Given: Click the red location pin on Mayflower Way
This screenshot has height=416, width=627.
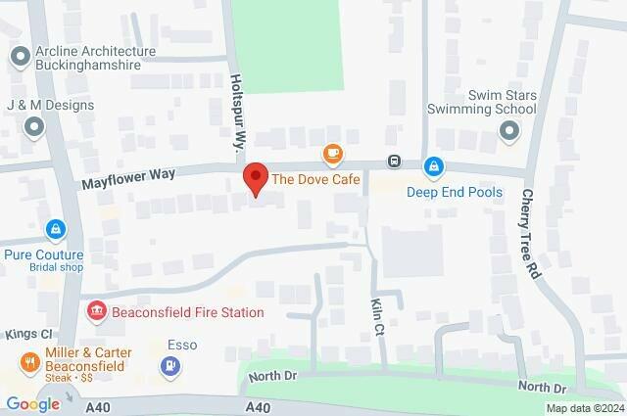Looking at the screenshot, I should coord(256,178).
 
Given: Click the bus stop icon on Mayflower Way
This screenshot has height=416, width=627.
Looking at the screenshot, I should coord(394,162).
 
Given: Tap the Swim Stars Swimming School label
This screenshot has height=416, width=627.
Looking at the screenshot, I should coord(488,101).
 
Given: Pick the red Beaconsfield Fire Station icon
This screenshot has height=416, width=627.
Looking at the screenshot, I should coord(97,312).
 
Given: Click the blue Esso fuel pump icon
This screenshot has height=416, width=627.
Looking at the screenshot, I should coord(170,366).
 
